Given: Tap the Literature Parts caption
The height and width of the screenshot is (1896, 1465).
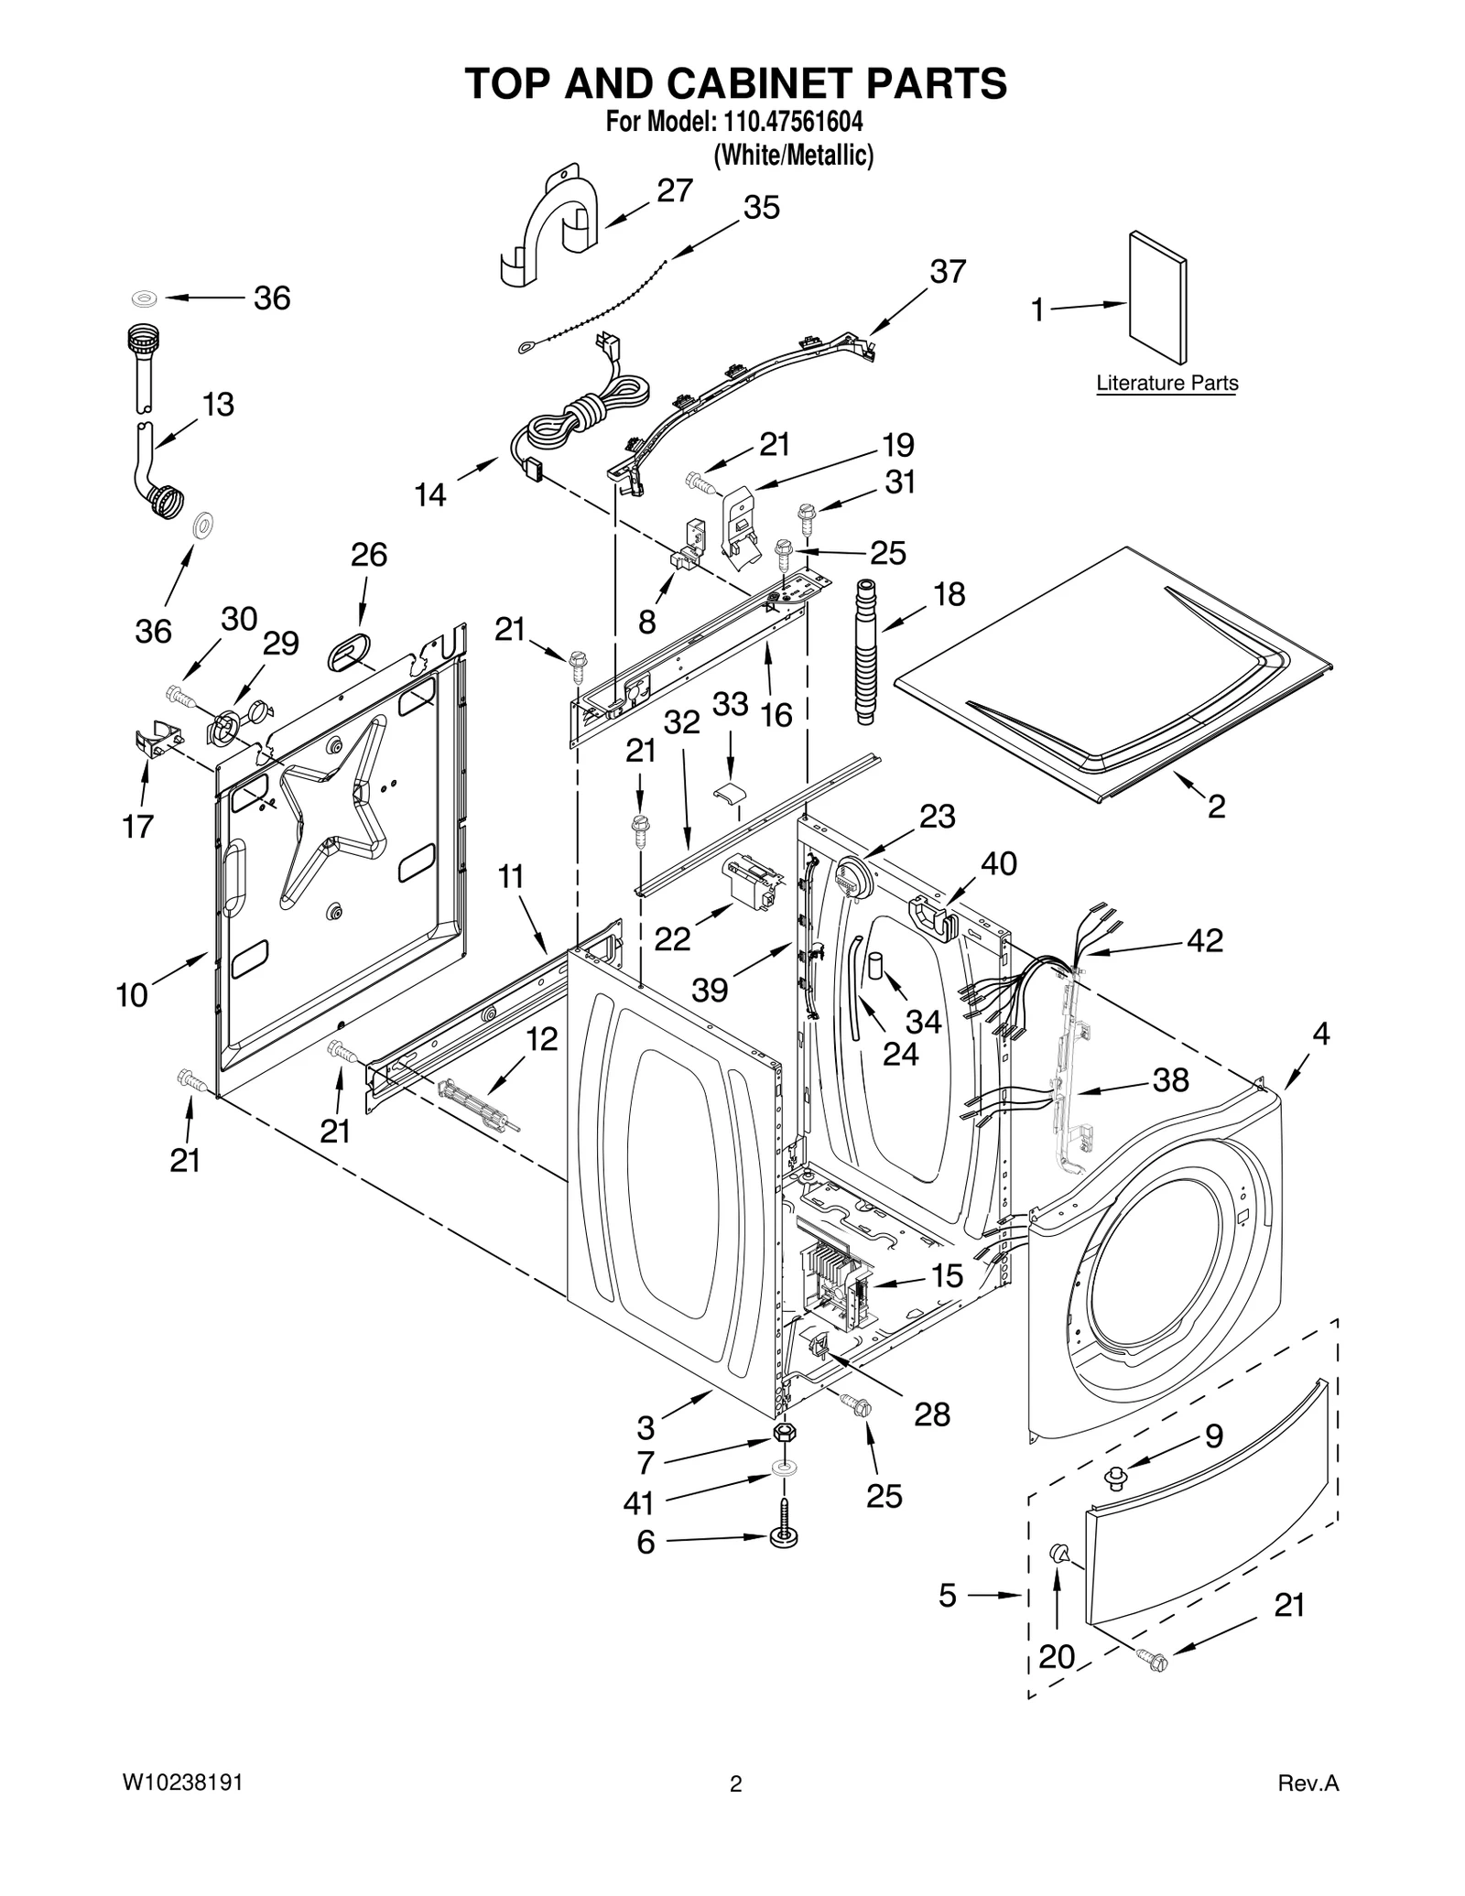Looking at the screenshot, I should [x=1167, y=384].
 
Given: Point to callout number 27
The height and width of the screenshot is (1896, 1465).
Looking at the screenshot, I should [x=675, y=190].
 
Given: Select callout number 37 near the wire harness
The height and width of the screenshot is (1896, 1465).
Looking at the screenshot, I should [x=948, y=272].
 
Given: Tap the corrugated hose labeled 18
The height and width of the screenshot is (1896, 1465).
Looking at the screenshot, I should [x=865, y=652].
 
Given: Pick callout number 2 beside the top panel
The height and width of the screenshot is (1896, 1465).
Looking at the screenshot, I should [x=1216, y=807].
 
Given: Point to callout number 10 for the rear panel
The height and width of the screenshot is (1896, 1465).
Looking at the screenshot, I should [x=132, y=995].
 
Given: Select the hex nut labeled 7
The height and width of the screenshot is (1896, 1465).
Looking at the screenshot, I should [x=784, y=1433].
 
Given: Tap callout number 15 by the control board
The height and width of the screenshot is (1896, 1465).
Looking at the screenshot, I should [x=947, y=1275].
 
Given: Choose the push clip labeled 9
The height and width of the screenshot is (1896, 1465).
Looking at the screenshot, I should [x=1115, y=1475].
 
